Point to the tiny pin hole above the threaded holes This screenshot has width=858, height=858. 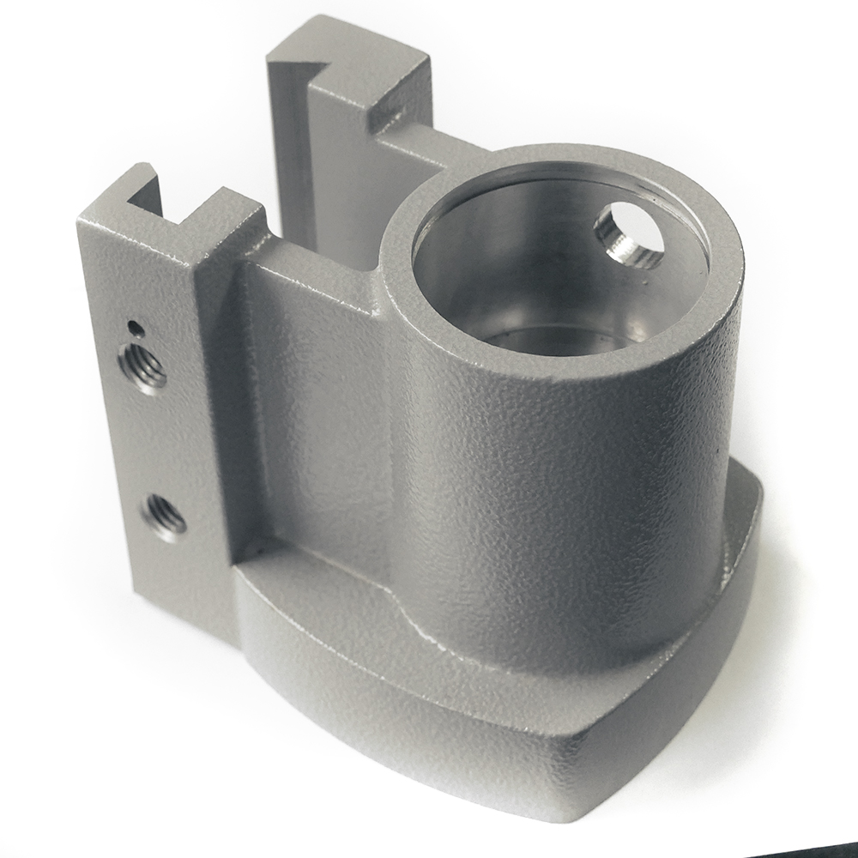point(132,326)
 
